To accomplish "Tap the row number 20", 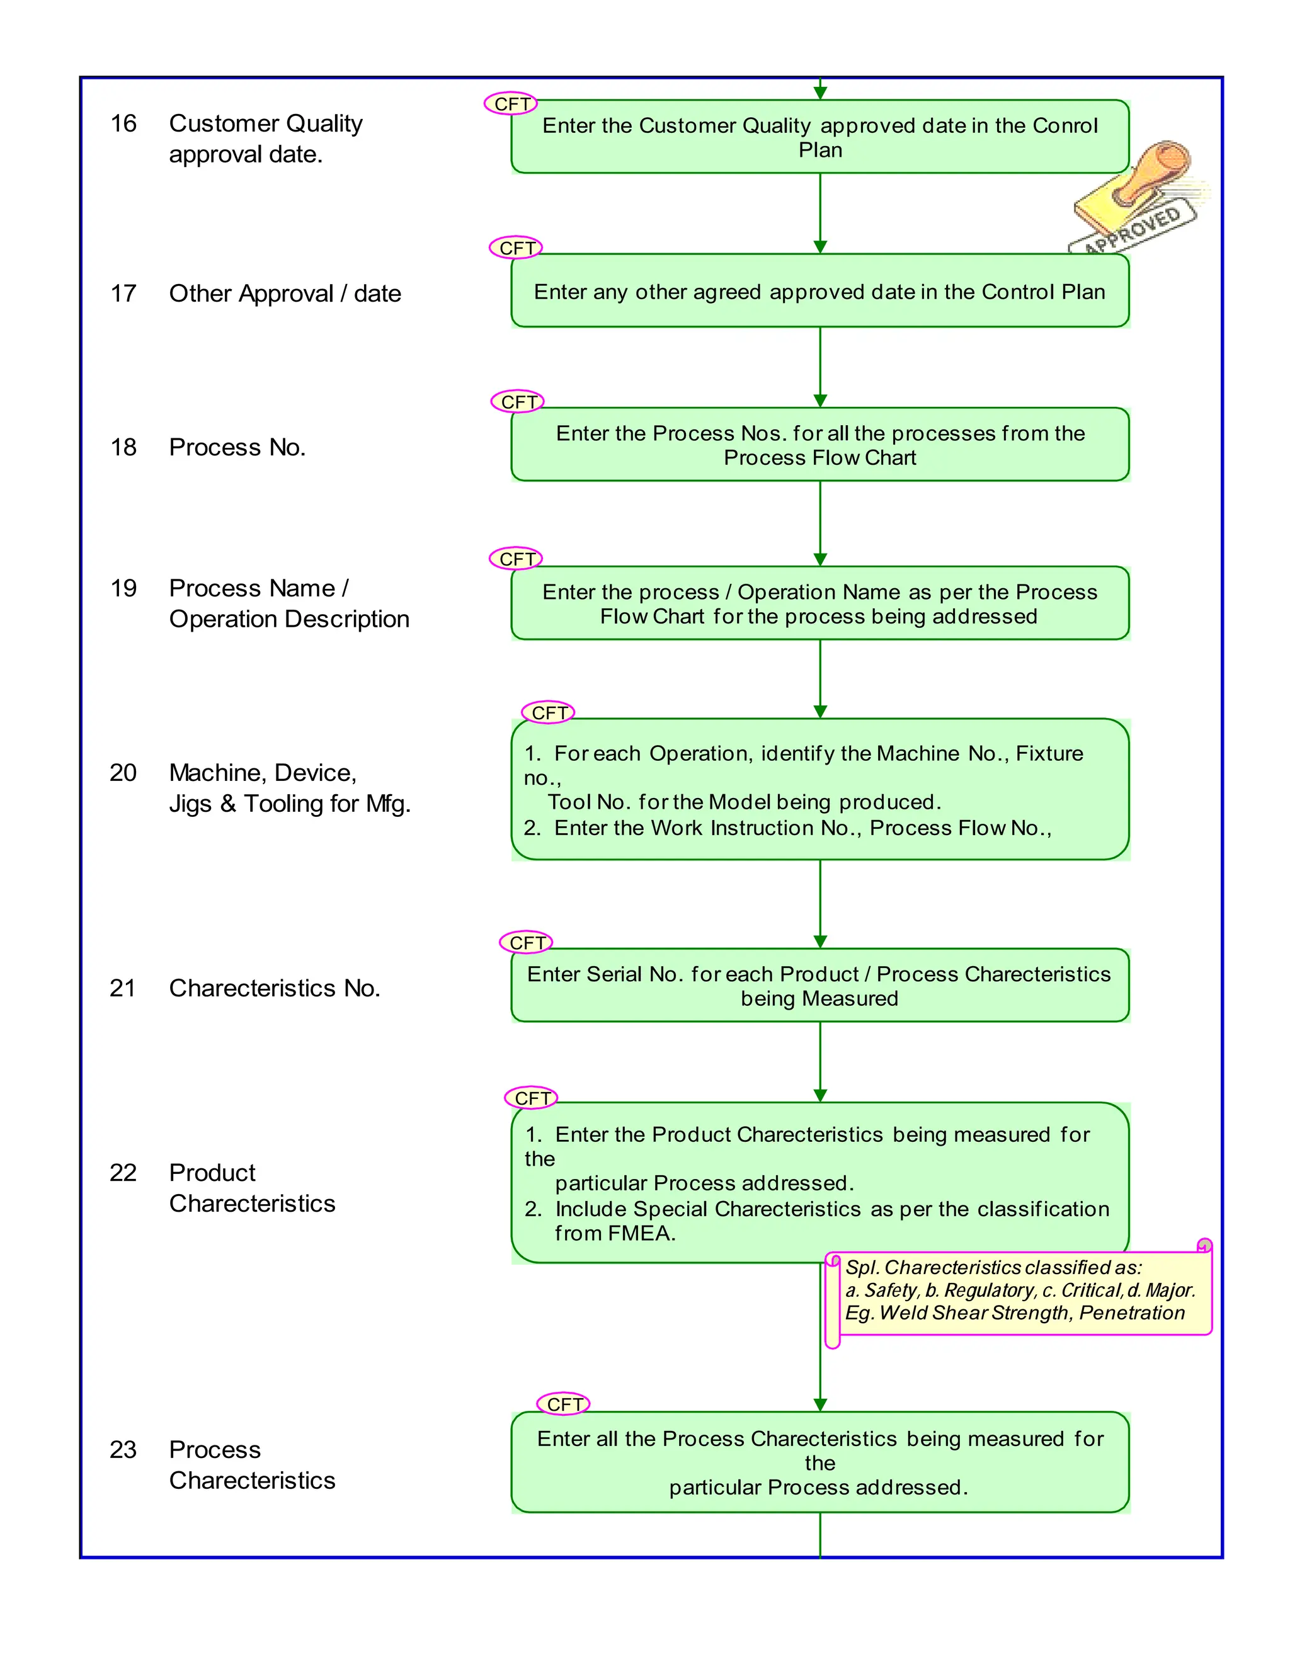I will [x=123, y=773].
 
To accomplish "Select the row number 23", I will [x=123, y=1450].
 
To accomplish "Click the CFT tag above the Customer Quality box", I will [x=511, y=104].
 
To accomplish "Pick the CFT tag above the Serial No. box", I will [x=527, y=943].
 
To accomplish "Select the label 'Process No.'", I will [x=237, y=447].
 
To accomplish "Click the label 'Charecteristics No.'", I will [x=275, y=988].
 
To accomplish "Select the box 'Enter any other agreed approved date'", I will [x=819, y=291].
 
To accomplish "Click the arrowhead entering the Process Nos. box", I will [x=820, y=401].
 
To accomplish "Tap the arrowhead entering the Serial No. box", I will [x=820, y=942].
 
